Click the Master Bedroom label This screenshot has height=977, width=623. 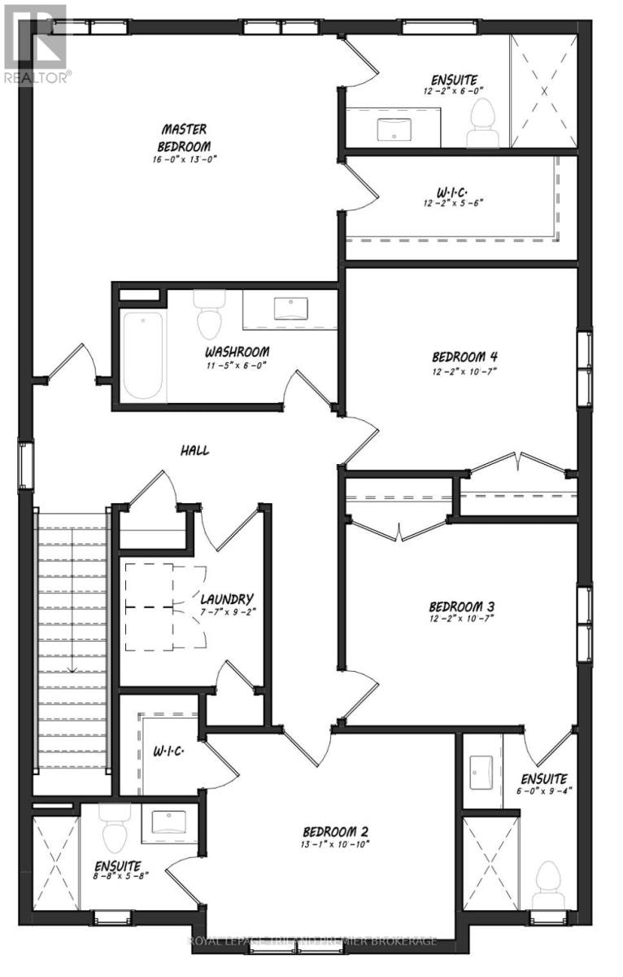click(x=184, y=138)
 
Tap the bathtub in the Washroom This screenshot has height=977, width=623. click(x=143, y=355)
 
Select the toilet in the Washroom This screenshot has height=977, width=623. click(x=209, y=314)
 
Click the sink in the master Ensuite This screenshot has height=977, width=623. click(x=394, y=129)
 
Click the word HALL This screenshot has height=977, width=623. click(x=194, y=450)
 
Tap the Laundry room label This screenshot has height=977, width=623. click(x=227, y=598)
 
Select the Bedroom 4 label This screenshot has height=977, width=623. click(x=464, y=357)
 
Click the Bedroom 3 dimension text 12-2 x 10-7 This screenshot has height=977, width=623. click(x=461, y=618)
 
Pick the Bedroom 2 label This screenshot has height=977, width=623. click(x=335, y=831)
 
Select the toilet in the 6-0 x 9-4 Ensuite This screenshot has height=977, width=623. click(x=547, y=887)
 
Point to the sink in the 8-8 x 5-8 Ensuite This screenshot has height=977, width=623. click(x=168, y=822)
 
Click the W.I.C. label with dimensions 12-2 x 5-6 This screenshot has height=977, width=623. click(x=453, y=197)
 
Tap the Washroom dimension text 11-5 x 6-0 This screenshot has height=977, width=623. click(x=237, y=365)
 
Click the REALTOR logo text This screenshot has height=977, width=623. click(x=37, y=77)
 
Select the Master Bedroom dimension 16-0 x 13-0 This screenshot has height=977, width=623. click(x=185, y=160)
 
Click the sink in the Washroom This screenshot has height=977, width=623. click(x=290, y=309)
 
